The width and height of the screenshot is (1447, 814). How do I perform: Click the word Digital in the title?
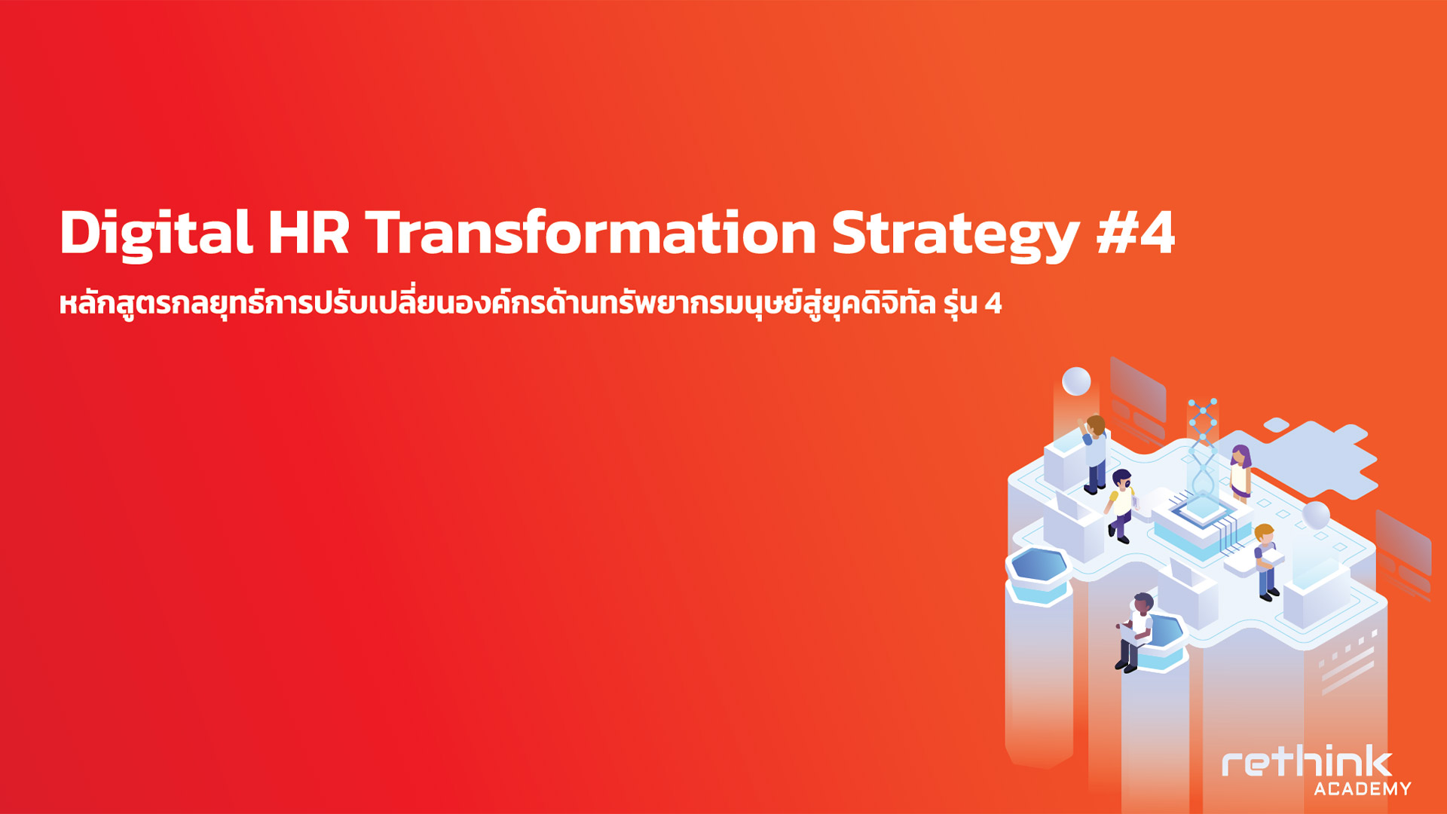coord(156,234)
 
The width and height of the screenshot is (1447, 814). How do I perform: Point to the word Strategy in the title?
coord(956,235)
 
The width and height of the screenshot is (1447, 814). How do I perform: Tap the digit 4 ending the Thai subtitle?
coord(993,303)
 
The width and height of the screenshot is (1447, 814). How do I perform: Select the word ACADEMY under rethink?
coord(1363,788)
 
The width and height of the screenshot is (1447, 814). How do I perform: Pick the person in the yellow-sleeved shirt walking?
coord(1121,505)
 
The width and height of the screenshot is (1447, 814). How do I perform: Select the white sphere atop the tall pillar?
coord(1076,381)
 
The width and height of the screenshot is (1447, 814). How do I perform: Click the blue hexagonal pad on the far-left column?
coord(1039,566)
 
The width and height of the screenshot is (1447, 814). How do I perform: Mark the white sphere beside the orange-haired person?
coord(1316,515)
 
